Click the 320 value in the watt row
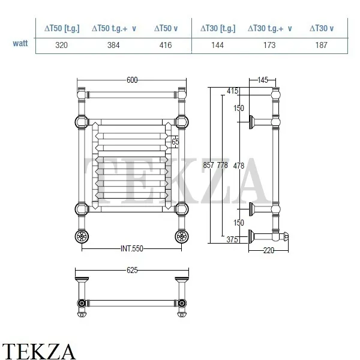61,45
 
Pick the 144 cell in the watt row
218,45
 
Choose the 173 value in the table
269,45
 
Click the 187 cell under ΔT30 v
322,45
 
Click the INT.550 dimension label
132,248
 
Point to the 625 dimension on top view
133,270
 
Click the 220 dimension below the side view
268,250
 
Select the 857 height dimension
208,165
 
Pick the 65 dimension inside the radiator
175,142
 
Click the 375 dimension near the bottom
232,239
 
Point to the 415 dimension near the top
233,91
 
